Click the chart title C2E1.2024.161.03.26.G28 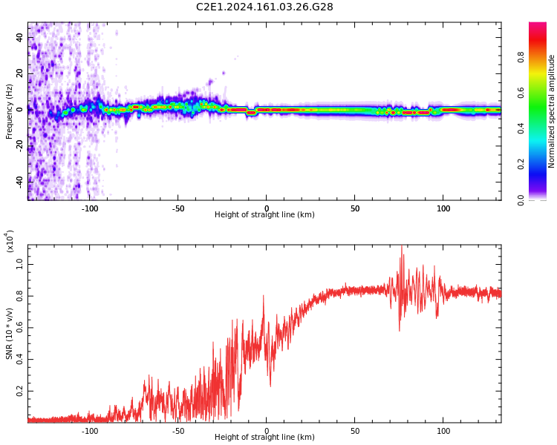264,7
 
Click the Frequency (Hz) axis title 10,111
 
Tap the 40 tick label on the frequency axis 21,36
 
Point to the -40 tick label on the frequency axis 19,180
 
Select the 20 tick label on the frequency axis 21,73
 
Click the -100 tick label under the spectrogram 89,208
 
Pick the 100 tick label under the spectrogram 443,208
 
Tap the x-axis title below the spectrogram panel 264,215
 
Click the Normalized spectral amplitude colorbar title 552,111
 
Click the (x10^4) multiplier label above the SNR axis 10,241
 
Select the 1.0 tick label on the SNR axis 21,262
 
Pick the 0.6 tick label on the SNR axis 21,326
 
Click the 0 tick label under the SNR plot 266,431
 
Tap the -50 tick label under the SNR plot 177,431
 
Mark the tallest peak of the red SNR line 402,246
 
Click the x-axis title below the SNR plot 264,438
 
